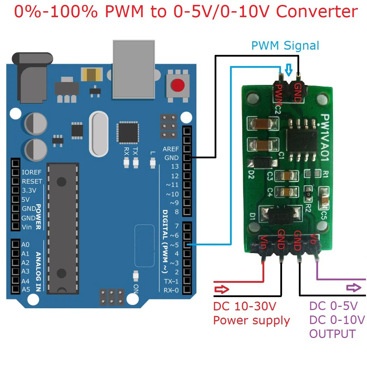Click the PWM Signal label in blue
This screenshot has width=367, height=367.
tap(285, 46)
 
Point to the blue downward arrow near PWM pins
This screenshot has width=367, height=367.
tap(289, 70)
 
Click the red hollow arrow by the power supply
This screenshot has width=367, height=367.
tap(222, 289)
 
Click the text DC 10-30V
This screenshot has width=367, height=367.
tap(245, 307)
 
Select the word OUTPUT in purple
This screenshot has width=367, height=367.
tap(332, 334)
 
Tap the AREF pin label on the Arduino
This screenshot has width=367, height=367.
tap(171, 149)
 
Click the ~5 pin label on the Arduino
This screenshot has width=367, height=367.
tap(174, 245)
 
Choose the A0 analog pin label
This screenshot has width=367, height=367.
tap(26, 245)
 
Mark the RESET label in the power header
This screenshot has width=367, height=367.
tap(32, 181)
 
